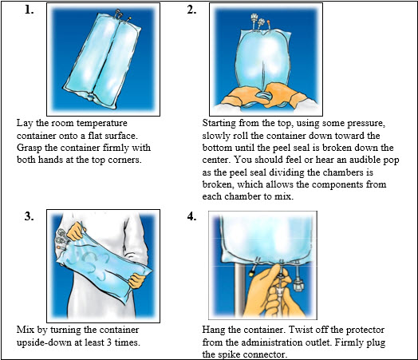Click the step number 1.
tap(29, 10)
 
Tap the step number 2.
tap(191, 10)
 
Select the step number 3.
tap(29, 216)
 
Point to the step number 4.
tap(191, 216)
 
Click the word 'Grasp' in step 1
tap(30, 148)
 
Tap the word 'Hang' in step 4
tap(213, 330)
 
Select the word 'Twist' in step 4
tap(301, 330)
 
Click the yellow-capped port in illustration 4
tap(251, 271)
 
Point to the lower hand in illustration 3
tap(136, 281)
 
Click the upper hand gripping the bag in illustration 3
tap(76, 231)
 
